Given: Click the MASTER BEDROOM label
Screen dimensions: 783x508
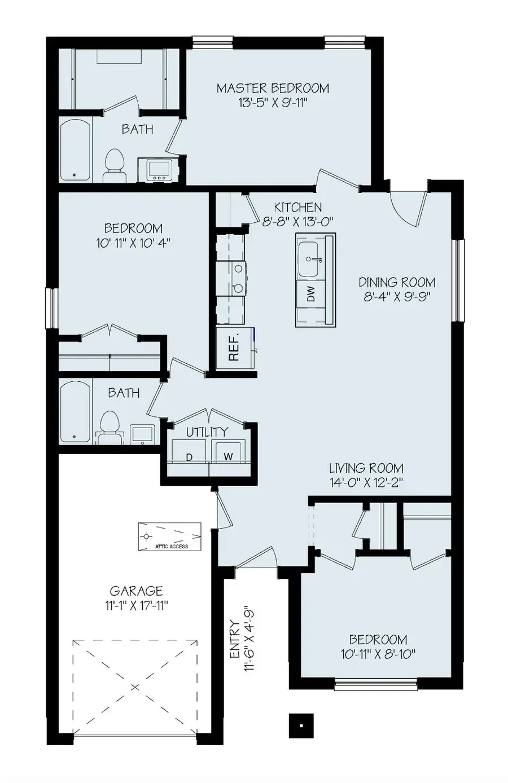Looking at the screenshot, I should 273,88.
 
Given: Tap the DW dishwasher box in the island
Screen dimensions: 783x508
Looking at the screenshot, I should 311,294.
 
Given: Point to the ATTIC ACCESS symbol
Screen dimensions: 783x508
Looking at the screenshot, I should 170,536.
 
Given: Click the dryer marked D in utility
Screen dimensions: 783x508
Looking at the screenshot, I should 190,455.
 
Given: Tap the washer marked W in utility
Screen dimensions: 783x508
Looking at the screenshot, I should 227,455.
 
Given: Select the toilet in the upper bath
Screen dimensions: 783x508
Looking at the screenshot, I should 115,165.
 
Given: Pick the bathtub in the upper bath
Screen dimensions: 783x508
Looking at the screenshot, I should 75,150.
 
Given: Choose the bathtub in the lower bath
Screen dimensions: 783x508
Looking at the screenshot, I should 75,412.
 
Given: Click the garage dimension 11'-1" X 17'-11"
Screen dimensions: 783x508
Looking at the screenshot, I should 135,606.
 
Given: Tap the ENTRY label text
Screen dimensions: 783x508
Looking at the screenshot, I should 235,639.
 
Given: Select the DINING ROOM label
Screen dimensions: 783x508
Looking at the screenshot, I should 397,282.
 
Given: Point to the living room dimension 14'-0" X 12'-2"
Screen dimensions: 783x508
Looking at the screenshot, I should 366,483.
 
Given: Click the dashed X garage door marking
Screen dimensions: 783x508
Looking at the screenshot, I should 135,687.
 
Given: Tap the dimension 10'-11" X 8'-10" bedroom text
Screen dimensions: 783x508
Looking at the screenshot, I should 378,654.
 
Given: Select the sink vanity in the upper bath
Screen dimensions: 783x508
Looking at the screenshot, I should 157,170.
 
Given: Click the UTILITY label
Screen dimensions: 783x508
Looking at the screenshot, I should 207,432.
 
